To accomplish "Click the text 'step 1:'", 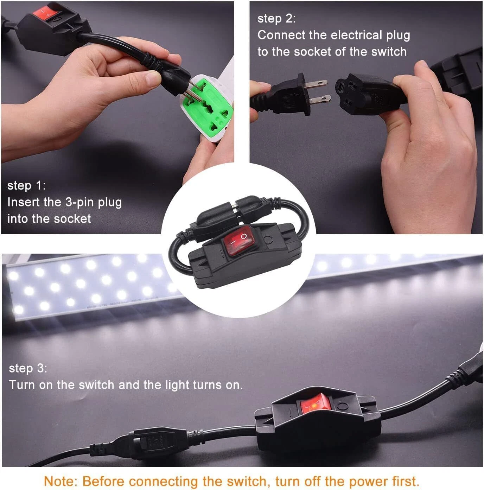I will click(26, 185).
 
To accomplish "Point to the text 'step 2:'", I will click(276, 19).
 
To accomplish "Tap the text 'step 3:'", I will click(28, 368).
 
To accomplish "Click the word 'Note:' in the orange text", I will click(60, 481).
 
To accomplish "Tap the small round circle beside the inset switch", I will click(268, 240).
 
